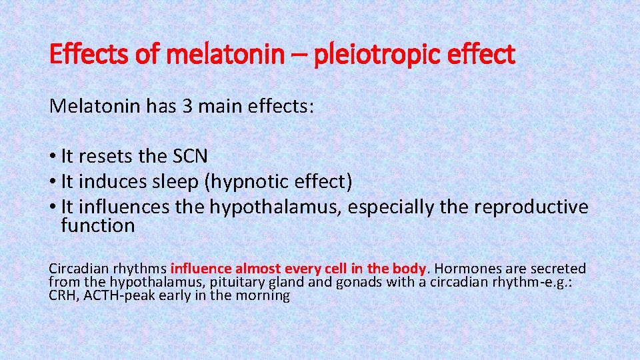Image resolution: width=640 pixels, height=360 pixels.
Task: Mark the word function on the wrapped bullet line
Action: pyautogui.click(x=97, y=226)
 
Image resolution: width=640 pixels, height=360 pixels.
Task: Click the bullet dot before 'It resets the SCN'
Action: pyautogui.click(x=53, y=157)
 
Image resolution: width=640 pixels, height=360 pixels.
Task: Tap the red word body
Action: pyautogui.click(x=409, y=269)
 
